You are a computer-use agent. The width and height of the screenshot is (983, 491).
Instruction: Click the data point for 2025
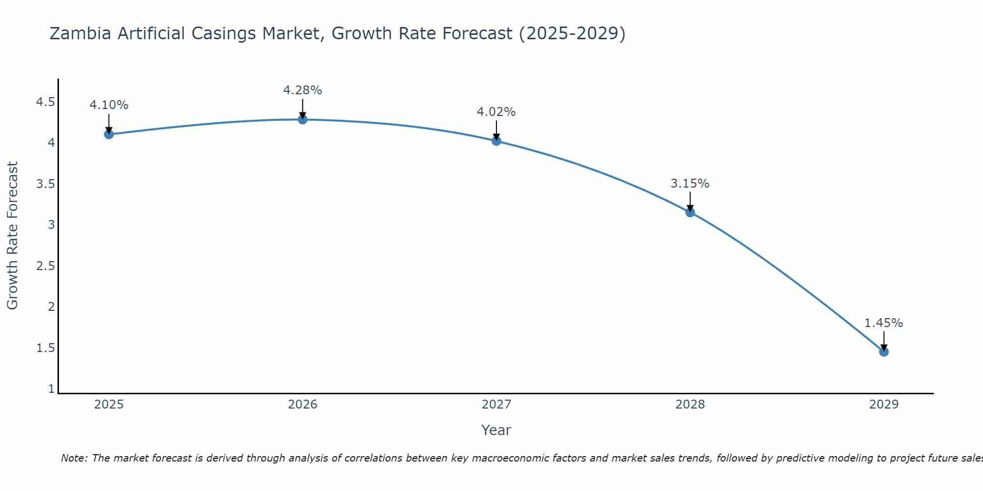(x=109, y=134)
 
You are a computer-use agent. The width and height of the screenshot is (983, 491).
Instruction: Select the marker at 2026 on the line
(x=303, y=119)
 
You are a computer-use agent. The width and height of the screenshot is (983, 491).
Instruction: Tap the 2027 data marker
(x=496, y=141)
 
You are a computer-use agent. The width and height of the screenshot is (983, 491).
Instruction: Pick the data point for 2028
(x=690, y=212)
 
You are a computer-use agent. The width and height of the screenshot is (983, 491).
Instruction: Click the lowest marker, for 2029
(x=884, y=352)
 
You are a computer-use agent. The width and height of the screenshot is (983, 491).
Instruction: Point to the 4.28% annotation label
(x=303, y=90)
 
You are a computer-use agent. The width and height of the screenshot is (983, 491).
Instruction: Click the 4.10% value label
(x=109, y=105)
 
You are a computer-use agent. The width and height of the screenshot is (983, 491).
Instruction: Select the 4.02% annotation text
(x=496, y=112)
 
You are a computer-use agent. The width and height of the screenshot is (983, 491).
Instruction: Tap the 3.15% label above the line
(x=690, y=184)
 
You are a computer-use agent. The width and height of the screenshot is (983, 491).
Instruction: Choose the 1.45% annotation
(x=884, y=323)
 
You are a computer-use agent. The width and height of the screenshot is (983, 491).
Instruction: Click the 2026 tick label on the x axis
(x=303, y=405)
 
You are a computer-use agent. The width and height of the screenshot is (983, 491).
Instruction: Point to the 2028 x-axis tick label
(x=690, y=405)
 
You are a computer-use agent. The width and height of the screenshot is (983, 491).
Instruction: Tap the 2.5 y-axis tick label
(x=45, y=266)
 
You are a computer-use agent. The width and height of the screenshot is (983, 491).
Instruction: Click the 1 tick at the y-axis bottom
(x=51, y=389)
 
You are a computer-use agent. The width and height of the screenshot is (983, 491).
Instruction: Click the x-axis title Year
(x=496, y=430)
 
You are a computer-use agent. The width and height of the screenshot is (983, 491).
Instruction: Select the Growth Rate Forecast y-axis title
(x=13, y=235)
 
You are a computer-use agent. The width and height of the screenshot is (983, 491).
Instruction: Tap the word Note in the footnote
(x=73, y=458)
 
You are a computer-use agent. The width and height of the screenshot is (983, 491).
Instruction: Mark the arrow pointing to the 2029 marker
(x=884, y=341)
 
